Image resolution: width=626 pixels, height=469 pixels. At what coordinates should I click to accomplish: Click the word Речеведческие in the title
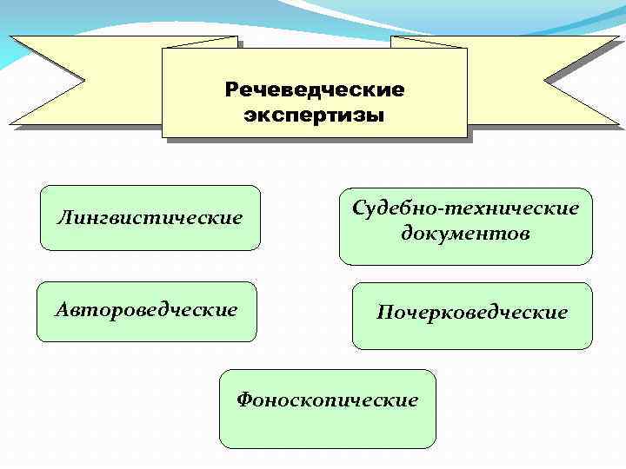coord(314,89)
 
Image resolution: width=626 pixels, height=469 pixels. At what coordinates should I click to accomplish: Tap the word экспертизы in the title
coord(314,115)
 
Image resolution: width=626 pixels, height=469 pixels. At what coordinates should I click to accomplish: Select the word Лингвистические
coord(150,217)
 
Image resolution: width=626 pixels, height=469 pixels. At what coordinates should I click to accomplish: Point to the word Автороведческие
coord(146,309)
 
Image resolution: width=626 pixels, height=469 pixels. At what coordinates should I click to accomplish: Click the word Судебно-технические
coord(465,208)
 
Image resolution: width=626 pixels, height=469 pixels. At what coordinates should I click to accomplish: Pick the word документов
coord(465,234)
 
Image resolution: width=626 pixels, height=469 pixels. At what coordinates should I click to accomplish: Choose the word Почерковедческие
coord(471,312)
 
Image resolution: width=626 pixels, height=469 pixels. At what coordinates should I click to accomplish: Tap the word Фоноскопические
coord(328,400)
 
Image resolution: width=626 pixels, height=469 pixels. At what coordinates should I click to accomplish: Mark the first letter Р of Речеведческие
coord(230,89)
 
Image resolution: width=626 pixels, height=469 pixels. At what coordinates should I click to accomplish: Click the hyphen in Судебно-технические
coord(437,209)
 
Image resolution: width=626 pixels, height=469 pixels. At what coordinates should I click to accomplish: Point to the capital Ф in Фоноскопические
coord(244,400)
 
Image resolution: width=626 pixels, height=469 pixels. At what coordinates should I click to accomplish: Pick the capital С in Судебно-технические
coord(358,208)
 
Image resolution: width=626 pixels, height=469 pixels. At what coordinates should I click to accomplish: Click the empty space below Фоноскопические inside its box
coord(328,429)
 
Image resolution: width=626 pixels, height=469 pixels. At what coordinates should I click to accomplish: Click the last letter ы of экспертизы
coord(376,116)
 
